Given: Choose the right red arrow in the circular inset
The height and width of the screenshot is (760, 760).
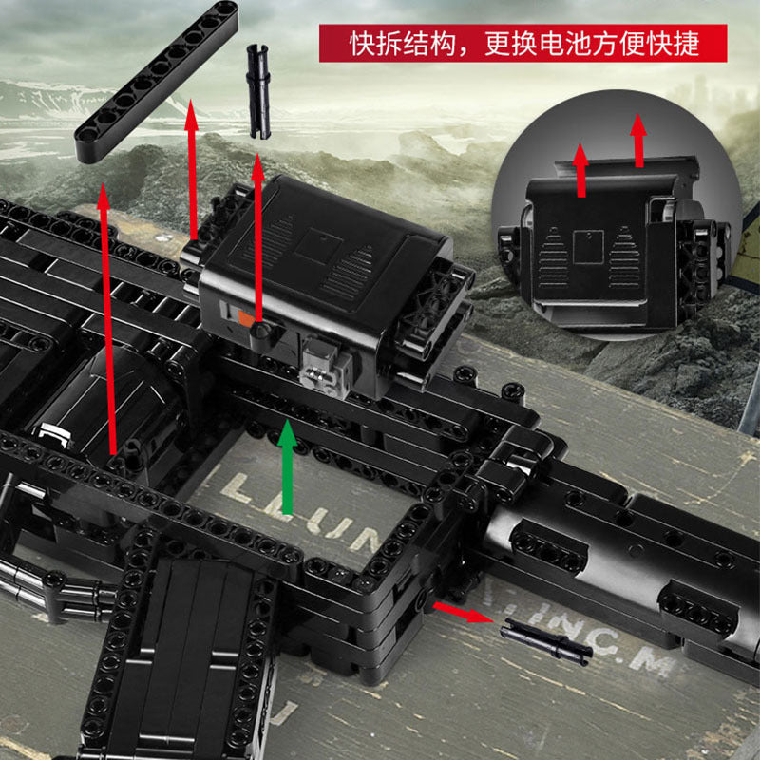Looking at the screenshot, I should pos(638,142).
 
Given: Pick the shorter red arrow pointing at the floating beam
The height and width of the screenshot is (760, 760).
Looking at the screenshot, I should pos(193,171).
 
